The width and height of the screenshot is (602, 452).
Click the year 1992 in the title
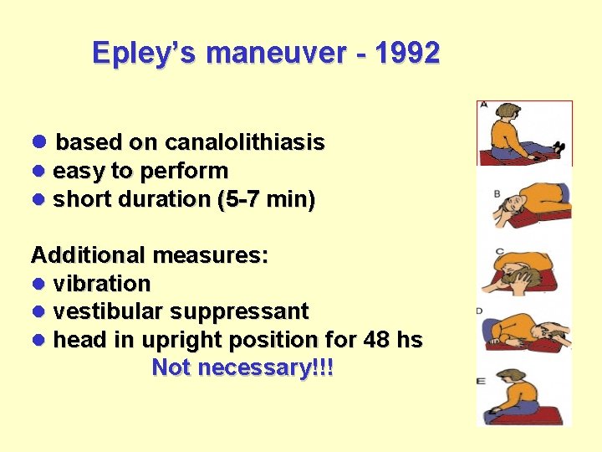[407, 54]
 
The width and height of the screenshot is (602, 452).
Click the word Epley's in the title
[145, 54]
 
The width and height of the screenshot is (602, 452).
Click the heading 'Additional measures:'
[150, 255]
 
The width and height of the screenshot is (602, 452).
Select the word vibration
[102, 284]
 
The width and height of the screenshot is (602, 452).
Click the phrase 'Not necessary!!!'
[242, 368]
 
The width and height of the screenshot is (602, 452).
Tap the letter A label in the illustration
[482, 106]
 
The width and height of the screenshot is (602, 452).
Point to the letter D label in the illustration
[480, 311]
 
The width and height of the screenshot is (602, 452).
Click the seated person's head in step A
[506, 112]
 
